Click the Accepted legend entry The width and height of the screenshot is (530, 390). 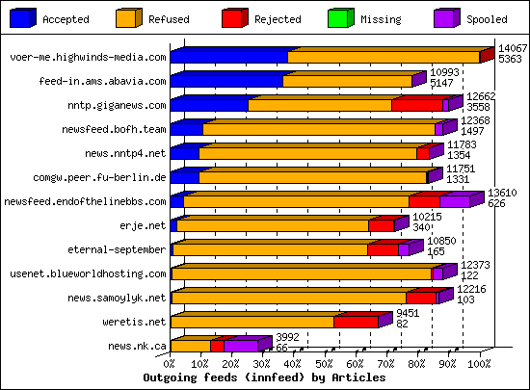[66, 18]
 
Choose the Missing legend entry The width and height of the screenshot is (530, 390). [384, 18]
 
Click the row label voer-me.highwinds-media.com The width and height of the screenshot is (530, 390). [88, 58]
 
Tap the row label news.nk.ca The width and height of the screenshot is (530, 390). [138, 346]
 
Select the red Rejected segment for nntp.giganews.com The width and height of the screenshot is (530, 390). [417, 106]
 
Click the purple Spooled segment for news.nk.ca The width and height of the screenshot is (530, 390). [241, 346]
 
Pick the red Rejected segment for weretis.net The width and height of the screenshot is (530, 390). [356, 322]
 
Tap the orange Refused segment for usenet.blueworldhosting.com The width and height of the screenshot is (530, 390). [301, 274]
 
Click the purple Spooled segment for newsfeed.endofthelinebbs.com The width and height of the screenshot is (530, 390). [455, 201]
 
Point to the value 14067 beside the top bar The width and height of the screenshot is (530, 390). [513, 48]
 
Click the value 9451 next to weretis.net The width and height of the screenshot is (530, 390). [409, 313]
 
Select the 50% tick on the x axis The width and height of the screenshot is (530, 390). [325, 365]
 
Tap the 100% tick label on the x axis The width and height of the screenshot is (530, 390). [479, 365]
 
